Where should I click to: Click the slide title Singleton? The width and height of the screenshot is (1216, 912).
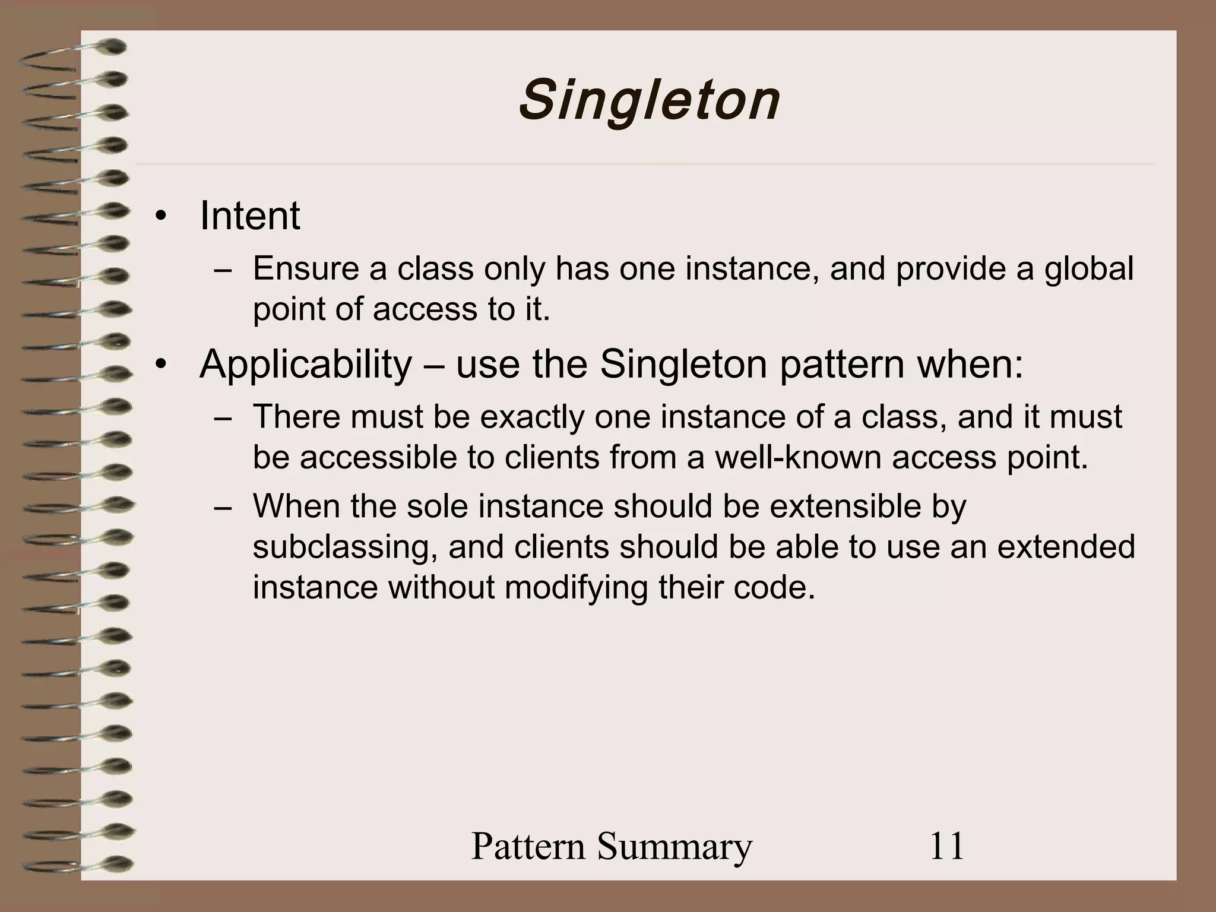point(650,101)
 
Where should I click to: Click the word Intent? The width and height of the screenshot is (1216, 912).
point(250,216)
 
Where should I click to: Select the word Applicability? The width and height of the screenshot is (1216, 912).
point(306,364)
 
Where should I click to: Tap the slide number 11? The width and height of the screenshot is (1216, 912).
point(946,846)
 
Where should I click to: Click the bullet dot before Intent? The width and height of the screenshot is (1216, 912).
point(159,217)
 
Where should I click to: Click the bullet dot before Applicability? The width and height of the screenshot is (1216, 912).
point(159,365)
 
